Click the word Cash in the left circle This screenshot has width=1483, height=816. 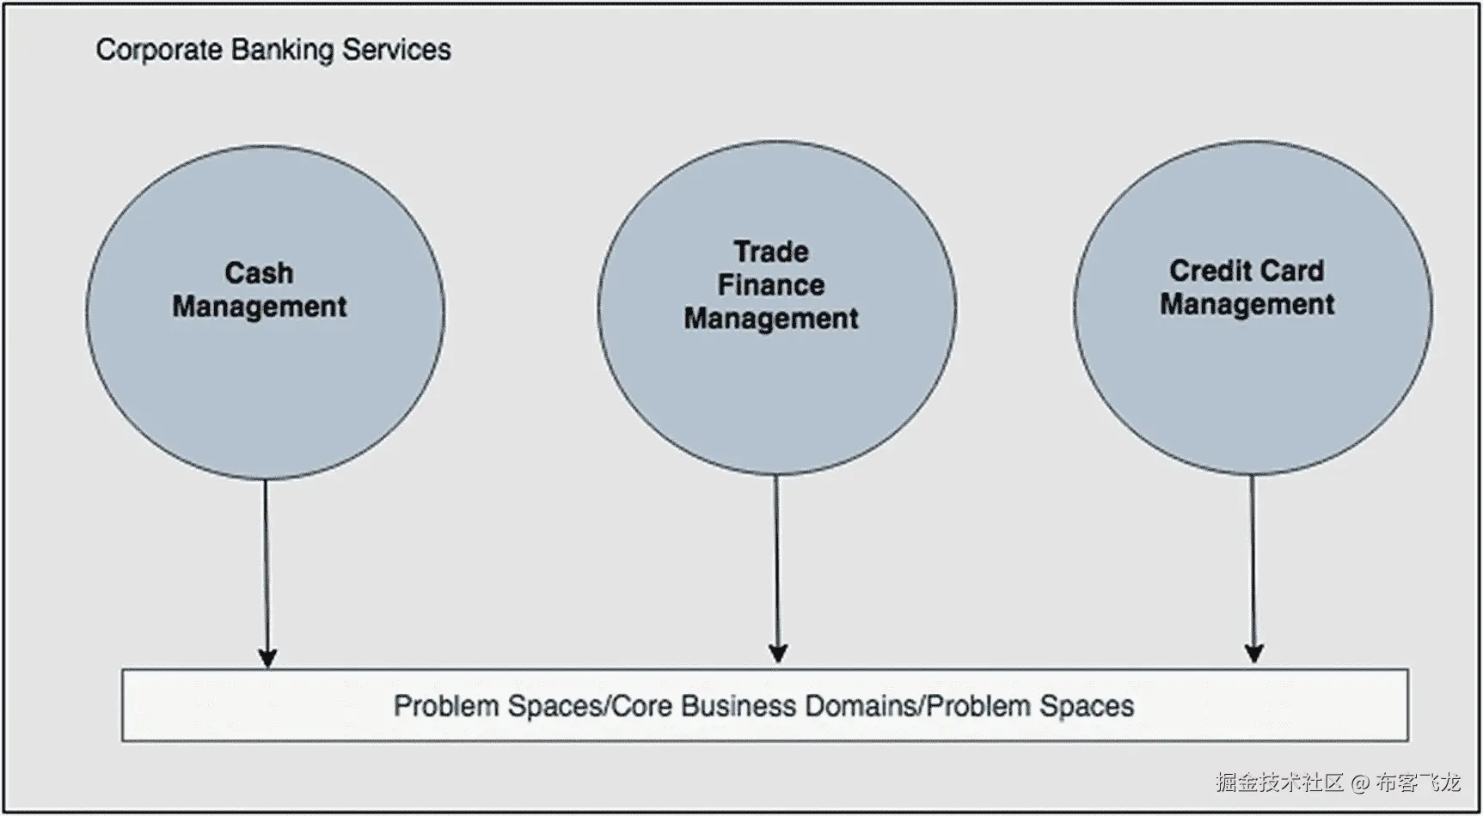(259, 273)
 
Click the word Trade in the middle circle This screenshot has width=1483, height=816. (771, 252)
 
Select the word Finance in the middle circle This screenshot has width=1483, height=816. (771, 285)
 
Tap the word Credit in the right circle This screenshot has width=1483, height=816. (1209, 271)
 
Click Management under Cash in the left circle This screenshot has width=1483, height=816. (260, 307)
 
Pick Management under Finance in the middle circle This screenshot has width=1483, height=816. (771, 319)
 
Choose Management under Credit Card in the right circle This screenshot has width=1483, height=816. (1247, 304)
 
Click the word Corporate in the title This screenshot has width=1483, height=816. (160, 50)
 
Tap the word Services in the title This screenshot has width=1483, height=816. (396, 50)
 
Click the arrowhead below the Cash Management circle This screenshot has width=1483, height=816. (267, 657)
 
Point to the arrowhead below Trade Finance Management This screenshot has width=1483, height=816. (778, 653)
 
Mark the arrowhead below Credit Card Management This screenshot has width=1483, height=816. (1254, 653)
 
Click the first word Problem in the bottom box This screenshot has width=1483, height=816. (446, 706)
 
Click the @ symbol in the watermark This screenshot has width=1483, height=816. (1360, 783)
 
